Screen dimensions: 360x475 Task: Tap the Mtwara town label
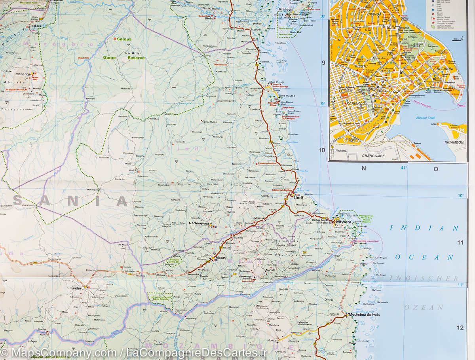[344, 222]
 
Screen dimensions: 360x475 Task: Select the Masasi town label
[221, 258]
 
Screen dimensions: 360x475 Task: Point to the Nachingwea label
[199, 223]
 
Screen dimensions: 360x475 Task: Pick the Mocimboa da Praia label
[365, 315]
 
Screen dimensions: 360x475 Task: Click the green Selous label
[124, 39]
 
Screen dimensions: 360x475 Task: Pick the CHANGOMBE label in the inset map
[374, 156]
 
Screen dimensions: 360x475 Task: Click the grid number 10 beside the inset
[321, 150]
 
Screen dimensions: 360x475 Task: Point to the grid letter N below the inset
[364, 168]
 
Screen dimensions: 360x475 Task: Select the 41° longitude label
[403, 168]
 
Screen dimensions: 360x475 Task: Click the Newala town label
[248, 279]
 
